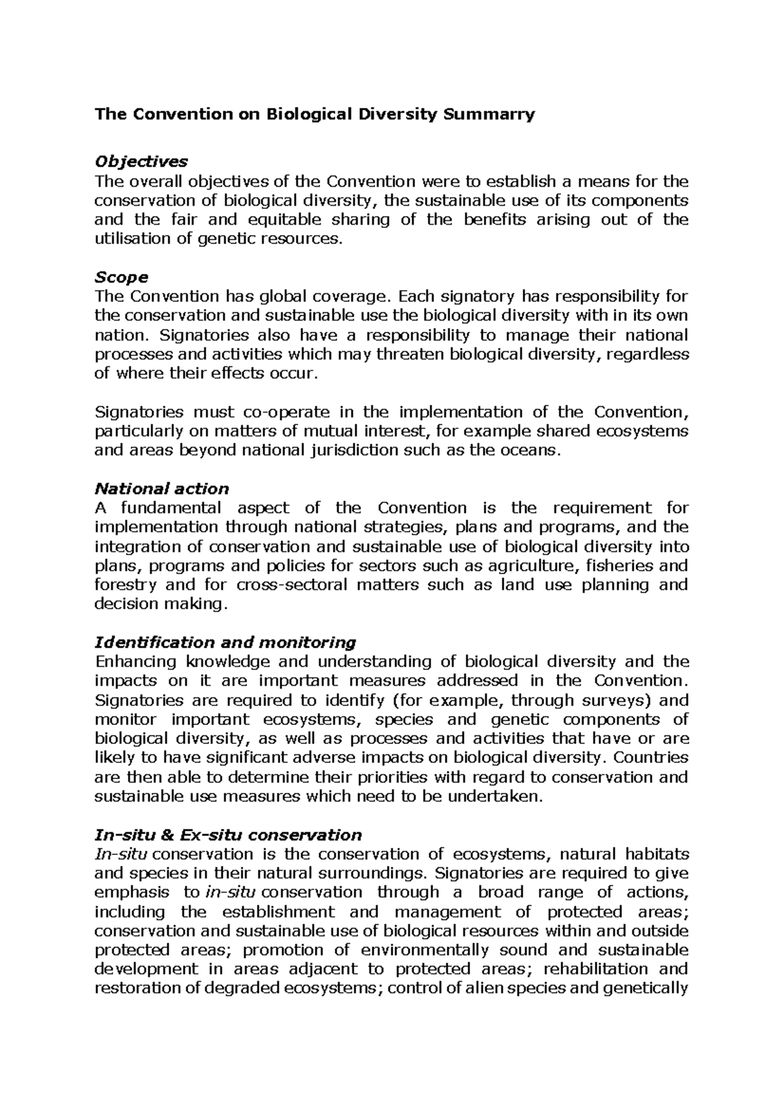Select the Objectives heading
[x=141, y=161]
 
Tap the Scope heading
[x=122, y=276]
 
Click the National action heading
[x=161, y=489]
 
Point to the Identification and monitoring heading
[x=225, y=642]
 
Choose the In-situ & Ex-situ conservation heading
[x=228, y=835]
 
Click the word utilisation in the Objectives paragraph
[x=133, y=238]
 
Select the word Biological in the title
[x=308, y=114]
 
